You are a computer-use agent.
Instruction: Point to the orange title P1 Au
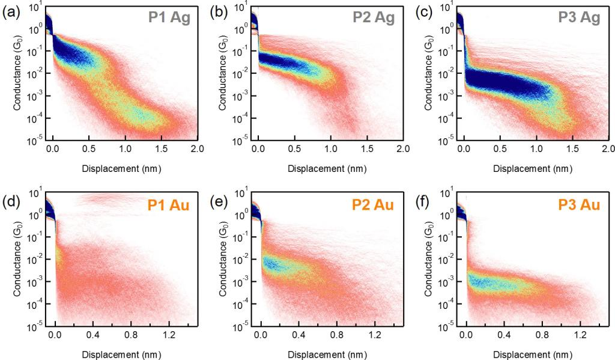point(168,206)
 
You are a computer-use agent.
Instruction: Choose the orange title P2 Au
point(374,206)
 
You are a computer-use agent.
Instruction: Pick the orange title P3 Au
point(580,206)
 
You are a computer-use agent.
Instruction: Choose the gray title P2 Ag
point(374,18)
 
